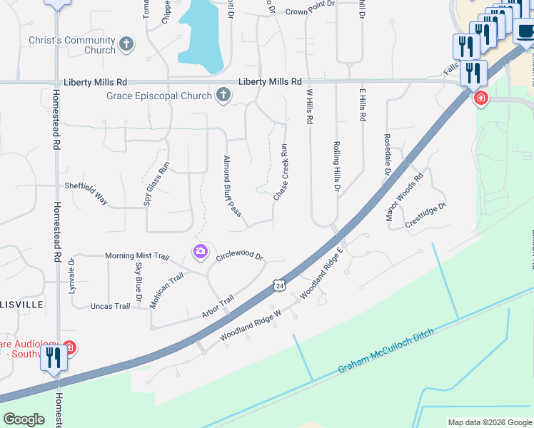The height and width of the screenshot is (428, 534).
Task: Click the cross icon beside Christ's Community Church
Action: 126,44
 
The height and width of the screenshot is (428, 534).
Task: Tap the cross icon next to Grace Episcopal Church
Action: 223,95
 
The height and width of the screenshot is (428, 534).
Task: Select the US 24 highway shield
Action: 279,285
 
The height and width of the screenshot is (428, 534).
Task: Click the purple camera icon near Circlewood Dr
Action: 200,250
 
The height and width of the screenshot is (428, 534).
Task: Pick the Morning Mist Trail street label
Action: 137,256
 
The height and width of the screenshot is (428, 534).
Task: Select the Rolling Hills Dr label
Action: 336,165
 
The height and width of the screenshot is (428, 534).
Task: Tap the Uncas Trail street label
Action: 111,306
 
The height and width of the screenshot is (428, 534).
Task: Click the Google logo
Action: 24,419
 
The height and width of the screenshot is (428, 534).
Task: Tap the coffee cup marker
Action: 525,31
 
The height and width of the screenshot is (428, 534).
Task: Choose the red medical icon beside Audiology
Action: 69,348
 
